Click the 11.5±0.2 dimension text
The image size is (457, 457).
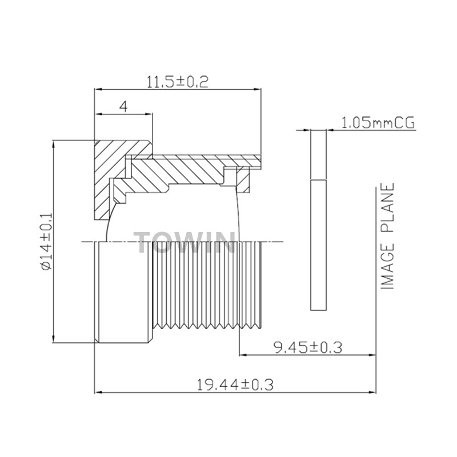pos(177,82)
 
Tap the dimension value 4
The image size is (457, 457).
pos(123,107)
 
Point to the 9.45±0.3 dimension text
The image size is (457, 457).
pos(307,347)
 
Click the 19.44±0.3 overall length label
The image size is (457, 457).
pos(235,384)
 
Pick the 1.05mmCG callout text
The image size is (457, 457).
pos(378,123)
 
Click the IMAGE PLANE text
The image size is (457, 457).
pos(388,236)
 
